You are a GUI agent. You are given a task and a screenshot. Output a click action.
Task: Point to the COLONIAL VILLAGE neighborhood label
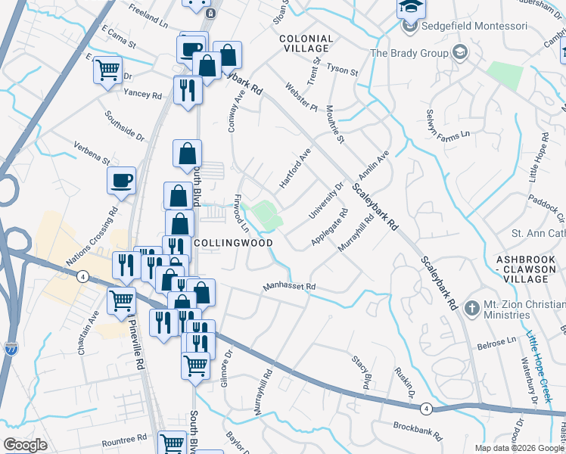click(306, 43)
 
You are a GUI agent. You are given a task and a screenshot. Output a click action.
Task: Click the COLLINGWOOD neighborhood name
click(233, 243)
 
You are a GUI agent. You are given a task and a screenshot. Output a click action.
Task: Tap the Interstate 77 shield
click(11, 349)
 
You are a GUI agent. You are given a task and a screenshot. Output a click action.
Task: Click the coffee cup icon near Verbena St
click(121, 181)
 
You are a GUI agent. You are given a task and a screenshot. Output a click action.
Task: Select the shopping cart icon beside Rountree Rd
click(173, 443)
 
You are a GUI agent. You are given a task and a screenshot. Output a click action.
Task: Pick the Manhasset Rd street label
click(288, 288)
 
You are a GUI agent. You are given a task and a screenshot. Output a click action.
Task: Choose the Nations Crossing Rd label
click(92, 235)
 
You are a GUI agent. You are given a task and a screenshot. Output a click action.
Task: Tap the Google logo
click(25, 445)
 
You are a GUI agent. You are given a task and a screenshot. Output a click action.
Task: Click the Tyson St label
click(342, 69)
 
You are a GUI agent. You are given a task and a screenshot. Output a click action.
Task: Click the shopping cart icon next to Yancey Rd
click(108, 70)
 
